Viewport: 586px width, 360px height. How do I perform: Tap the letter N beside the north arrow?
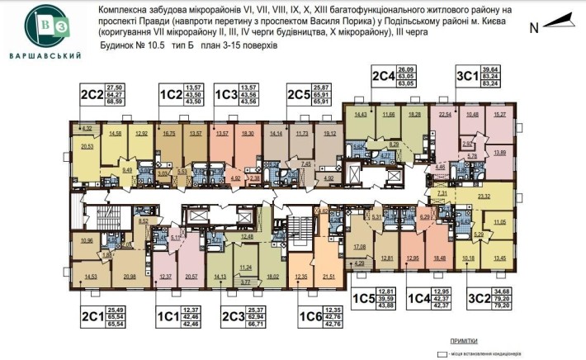tap(534, 26)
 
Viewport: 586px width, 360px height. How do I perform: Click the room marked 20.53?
tap(87, 149)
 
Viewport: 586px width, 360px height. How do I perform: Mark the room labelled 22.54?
tap(446, 116)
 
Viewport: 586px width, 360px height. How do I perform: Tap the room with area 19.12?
tap(329, 134)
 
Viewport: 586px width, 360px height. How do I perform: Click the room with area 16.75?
tap(170, 134)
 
